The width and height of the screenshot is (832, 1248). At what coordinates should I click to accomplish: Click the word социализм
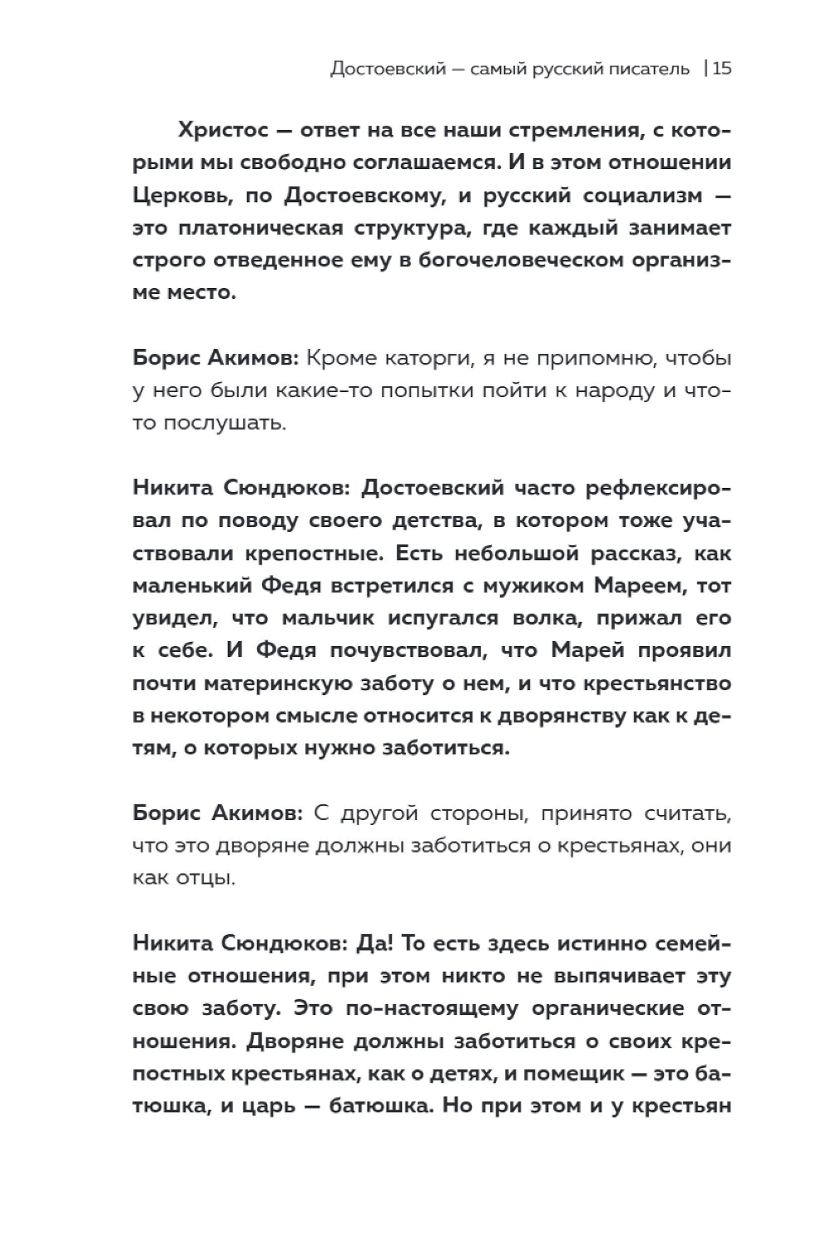click(x=633, y=196)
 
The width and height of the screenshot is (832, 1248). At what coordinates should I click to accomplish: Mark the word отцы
click(x=202, y=878)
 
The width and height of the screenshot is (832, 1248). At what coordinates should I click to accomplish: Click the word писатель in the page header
click(x=646, y=69)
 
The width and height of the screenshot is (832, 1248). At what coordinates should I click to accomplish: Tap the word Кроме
click(x=341, y=359)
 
